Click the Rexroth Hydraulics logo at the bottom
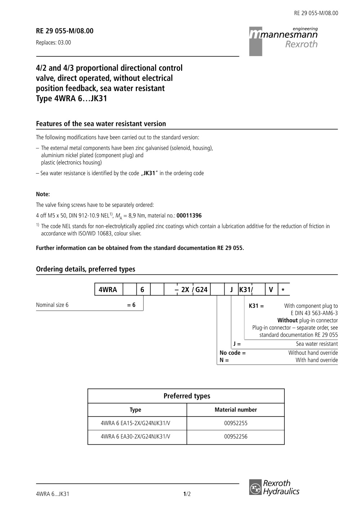(274, 487)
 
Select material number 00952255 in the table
(236, 423)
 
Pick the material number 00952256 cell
(236, 437)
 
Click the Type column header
(135, 410)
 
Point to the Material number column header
(236, 410)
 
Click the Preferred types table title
(186, 396)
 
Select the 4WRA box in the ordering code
(108, 290)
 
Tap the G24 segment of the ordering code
(202, 290)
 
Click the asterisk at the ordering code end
(283, 290)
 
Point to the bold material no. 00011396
(189, 216)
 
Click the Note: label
(43, 194)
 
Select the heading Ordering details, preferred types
(86, 269)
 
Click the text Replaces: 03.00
(53, 42)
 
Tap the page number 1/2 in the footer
(187, 494)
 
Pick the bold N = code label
(224, 360)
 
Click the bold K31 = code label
(256, 306)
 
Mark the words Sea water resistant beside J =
(317, 344)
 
